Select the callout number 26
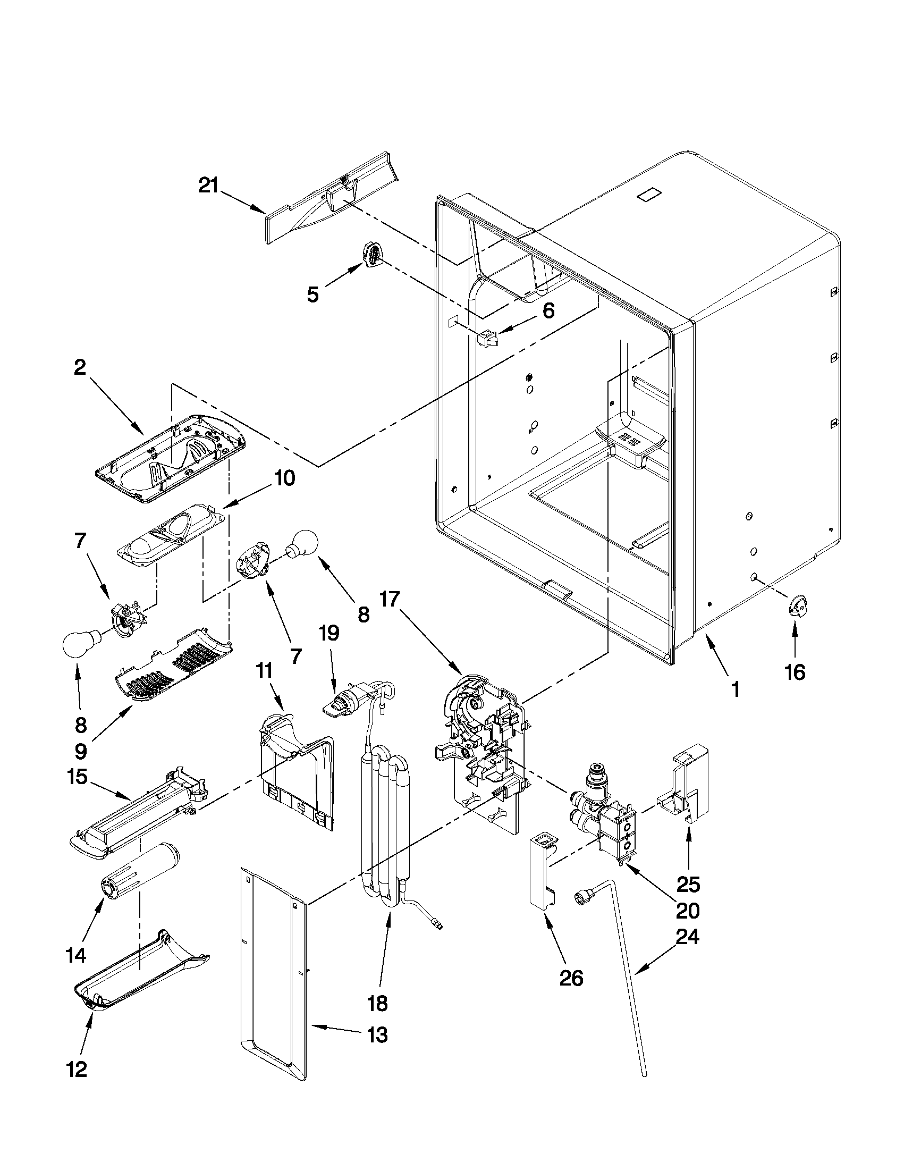click(570, 978)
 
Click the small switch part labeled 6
click(487, 339)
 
